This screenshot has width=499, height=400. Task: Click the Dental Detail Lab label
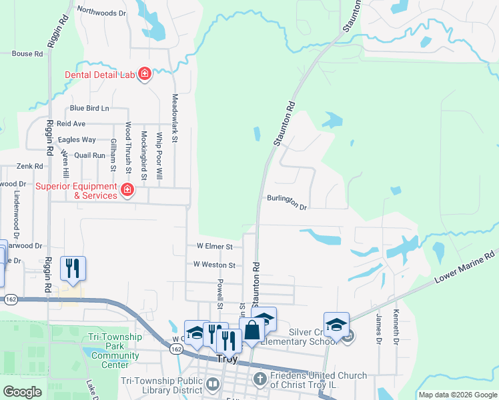click(x=100, y=75)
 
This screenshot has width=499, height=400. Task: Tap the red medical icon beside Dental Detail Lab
click(x=144, y=75)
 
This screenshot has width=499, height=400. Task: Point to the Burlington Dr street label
click(x=286, y=202)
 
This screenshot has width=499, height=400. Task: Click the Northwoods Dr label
click(x=101, y=11)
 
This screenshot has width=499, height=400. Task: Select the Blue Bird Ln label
click(x=89, y=108)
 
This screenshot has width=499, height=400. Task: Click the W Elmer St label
click(x=213, y=246)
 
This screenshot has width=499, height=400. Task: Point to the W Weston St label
click(x=214, y=265)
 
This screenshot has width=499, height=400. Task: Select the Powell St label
click(x=219, y=294)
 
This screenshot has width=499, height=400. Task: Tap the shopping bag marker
click(x=252, y=330)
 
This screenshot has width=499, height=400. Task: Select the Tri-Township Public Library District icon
click(x=213, y=383)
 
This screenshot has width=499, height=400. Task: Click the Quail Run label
click(x=90, y=155)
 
